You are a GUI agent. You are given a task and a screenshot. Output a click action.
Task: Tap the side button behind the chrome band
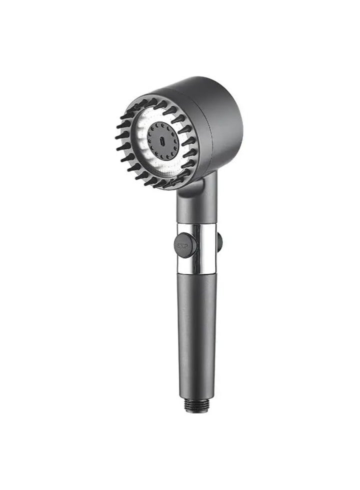pyautogui.click(x=219, y=242)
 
